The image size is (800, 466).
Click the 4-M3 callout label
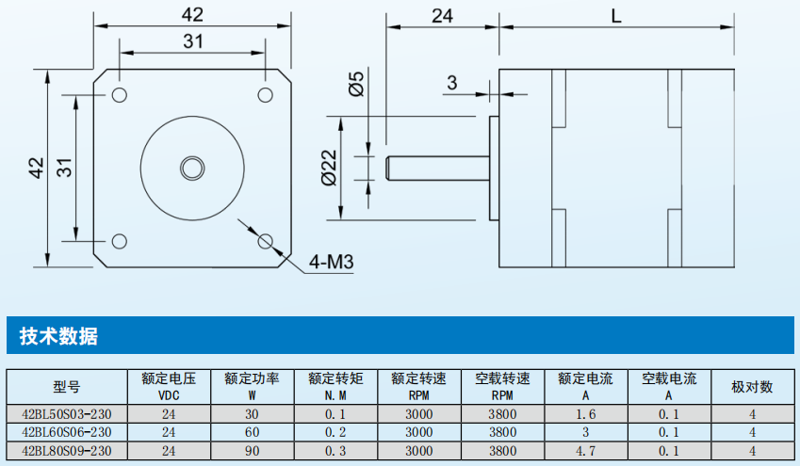point(330,262)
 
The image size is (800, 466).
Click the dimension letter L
point(615,16)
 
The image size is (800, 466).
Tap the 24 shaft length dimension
point(443,16)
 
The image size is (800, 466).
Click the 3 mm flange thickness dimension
point(451,84)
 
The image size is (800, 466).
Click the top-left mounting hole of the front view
point(120,94)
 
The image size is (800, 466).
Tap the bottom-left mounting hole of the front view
point(120,242)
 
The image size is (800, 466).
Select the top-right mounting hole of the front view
point(266,94)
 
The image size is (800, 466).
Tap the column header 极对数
point(752,387)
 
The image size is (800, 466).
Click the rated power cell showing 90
point(252,451)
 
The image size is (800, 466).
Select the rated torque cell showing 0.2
point(335,432)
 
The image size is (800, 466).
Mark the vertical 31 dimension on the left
point(64,168)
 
